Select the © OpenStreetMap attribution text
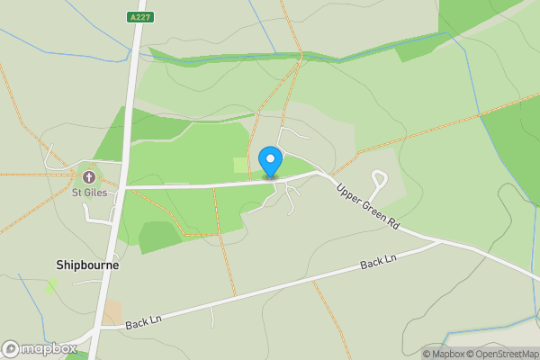(x=501, y=354)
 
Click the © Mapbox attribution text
(x=442, y=354)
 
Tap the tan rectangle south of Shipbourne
(x=113, y=312)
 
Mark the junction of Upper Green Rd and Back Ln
(x=442, y=240)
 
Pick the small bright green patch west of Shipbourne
(x=52, y=284)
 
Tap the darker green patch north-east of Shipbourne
(x=160, y=236)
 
